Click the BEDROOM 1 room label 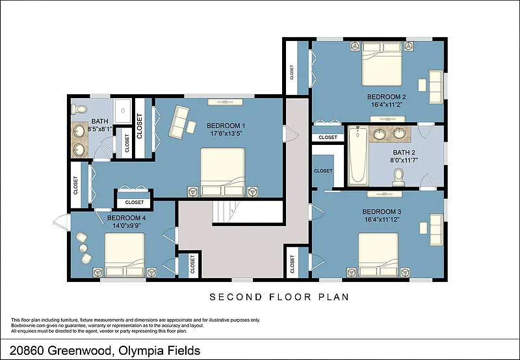(226, 126)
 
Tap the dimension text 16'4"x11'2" (386, 105)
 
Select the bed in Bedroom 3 (378, 255)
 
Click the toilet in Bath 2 (398, 177)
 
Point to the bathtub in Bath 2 (358, 155)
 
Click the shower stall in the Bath (123, 110)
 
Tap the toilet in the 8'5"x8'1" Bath (78, 109)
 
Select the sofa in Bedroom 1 (179, 122)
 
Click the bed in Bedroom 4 (125, 255)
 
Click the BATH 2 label (404, 153)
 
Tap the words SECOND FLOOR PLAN (279, 297)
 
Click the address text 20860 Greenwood (60, 350)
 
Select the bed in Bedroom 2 (382, 64)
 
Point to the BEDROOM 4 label (126, 218)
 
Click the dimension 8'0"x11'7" (404, 160)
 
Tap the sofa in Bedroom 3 (436, 230)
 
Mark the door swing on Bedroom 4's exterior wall (62, 222)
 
